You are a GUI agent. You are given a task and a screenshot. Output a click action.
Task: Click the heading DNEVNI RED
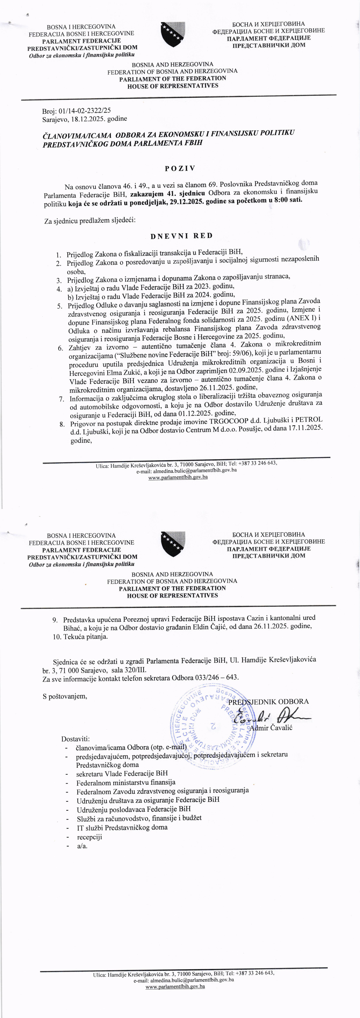[181, 236]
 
